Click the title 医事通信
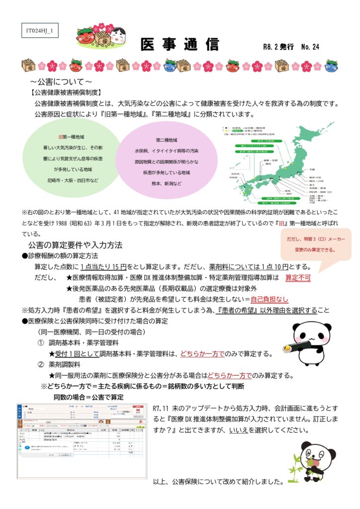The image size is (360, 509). tap(180, 45)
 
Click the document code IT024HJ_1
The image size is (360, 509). tap(40, 31)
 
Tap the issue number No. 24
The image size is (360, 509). tap(310, 47)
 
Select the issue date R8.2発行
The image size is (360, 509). tap(278, 47)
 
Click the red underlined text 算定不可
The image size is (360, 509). tap(298, 277)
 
